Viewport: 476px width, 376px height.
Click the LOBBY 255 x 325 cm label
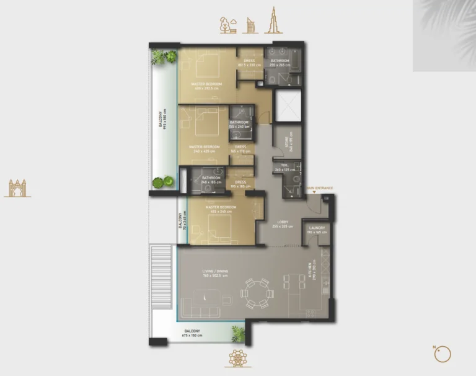pyautogui.click(x=283, y=224)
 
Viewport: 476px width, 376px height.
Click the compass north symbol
pyautogui.click(x=442, y=354)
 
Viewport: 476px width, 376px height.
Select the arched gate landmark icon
pyautogui.click(x=17, y=188)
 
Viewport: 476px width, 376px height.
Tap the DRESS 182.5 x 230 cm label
pyautogui.click(x=250, y=63)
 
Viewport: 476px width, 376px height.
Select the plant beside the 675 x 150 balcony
pyautogui.click(x=238, y=334)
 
